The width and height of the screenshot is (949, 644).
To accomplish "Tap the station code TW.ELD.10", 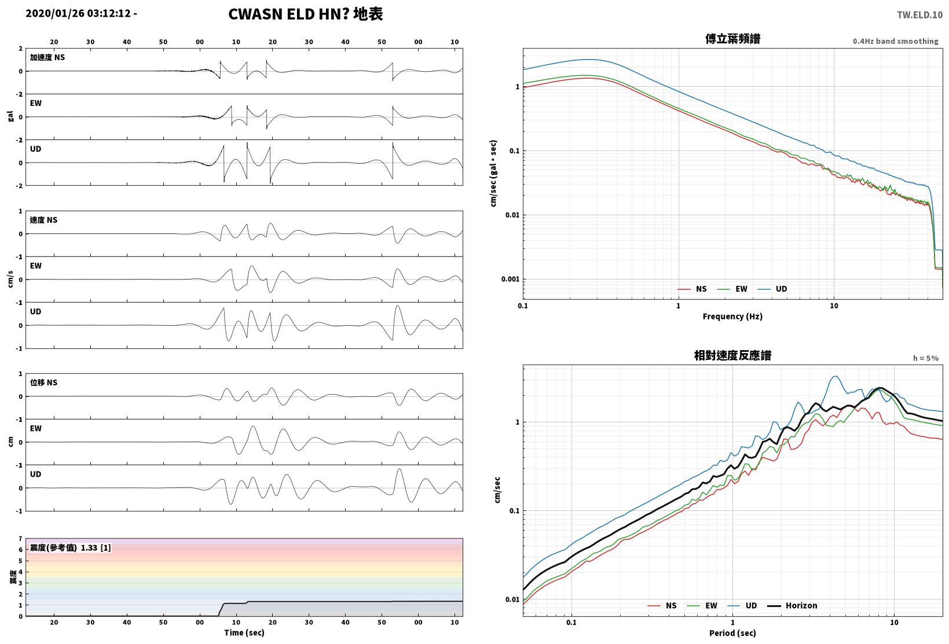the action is pos(920,15).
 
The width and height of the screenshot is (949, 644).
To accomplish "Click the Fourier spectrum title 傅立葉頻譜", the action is pos(732,39).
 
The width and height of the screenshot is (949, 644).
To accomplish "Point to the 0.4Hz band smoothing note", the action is pos(895,41).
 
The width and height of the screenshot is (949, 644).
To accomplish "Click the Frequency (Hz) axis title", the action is pos(732,317).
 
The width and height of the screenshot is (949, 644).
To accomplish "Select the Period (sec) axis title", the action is pos(732,633).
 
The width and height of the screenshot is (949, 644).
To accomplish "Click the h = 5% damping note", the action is pos(926,358).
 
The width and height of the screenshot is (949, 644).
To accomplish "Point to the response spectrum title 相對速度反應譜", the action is pos(732,355).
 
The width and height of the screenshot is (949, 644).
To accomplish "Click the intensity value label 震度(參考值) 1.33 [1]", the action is pos(70,547).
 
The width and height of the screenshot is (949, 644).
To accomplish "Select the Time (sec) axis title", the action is pos(244,632).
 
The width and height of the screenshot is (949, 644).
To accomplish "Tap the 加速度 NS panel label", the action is pos(47,57).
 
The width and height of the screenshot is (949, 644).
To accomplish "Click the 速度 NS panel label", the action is pos(43,220).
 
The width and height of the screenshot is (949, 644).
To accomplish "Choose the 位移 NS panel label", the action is pos(43,382).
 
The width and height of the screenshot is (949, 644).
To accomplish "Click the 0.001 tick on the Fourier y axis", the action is pos(510,279).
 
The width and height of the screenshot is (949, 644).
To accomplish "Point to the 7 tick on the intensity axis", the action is pos(20,539).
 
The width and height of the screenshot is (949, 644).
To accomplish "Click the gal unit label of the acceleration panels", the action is pos(10,116).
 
